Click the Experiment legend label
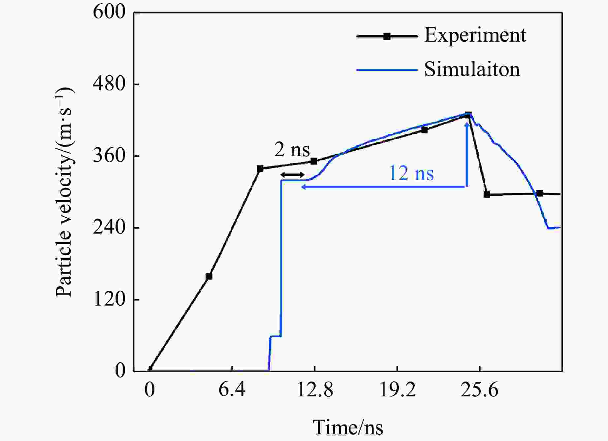(475, 35)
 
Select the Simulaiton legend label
(472, 70)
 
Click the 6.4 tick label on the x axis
(232, 390)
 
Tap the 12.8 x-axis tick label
(315, 390)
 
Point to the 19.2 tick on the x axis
(397, 390)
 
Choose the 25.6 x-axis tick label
(479, 390)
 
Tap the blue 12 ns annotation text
(411, 173)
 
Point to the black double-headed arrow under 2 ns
(292, 175)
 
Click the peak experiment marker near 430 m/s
(468, 115)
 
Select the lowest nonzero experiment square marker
(209, 276)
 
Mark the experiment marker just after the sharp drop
(487, 195)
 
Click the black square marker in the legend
(387, 36)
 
